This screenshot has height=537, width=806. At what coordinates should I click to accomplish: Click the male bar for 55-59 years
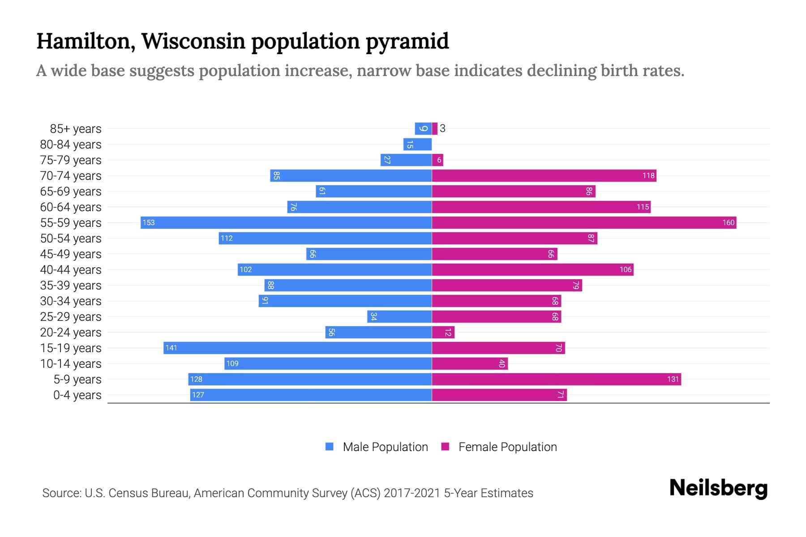287,222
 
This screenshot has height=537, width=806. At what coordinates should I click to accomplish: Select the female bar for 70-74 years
544,175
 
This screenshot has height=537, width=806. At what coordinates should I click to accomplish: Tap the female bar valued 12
443,332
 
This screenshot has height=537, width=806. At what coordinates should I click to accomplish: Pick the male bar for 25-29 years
399,316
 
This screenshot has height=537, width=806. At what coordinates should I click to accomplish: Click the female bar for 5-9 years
556,379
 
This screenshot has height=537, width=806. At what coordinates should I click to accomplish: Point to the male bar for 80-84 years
417,144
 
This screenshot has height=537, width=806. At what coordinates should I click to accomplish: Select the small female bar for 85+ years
434,128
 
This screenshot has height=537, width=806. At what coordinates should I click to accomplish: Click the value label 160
728,222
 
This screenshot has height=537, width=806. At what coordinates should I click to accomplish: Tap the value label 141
171,348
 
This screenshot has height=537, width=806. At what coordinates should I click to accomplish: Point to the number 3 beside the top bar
442,128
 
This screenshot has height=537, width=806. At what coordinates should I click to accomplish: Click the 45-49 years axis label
71,254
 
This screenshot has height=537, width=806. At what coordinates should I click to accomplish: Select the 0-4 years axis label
77,395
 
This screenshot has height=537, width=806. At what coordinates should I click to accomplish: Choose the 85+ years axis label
75,128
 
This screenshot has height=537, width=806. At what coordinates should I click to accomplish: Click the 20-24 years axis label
71,332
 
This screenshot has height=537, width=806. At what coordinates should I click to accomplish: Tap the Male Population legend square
330,447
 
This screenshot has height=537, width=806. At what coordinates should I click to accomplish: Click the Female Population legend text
507,447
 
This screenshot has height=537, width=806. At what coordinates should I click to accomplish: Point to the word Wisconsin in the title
193,41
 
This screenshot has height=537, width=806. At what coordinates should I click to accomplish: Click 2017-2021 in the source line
412,493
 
